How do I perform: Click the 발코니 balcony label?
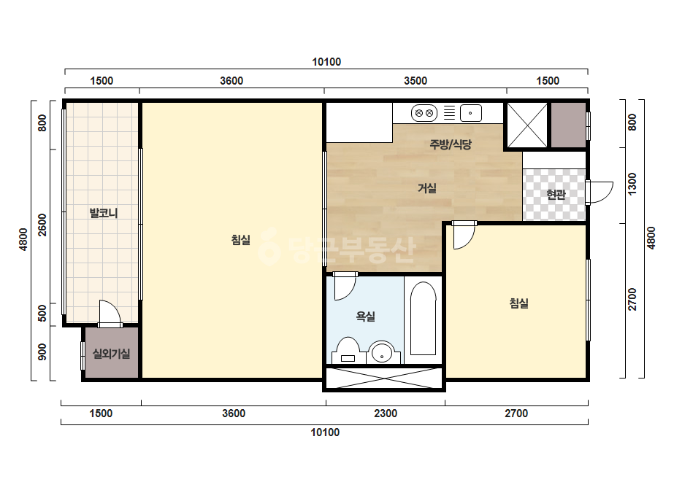(104, 212)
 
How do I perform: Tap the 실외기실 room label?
(111, 354)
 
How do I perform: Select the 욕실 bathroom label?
(365, 317)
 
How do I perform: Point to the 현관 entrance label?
(556, 195)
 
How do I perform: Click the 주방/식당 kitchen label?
(451, 144)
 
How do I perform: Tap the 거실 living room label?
(427, 188)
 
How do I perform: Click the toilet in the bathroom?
(348, 351)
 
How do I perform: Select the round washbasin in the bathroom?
(382, 353)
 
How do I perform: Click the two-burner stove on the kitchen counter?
(424, 113)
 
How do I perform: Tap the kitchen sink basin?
(471, 113)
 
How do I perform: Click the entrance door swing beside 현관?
(599, 192)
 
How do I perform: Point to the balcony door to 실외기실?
(110, 313)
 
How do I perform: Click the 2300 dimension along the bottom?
(386, 414)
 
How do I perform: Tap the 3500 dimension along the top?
(415, 81)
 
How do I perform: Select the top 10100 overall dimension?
(326, 62)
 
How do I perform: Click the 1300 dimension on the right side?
(632, 184)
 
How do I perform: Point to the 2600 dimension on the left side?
(42, 225)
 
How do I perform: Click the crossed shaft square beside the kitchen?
(527, 125)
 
